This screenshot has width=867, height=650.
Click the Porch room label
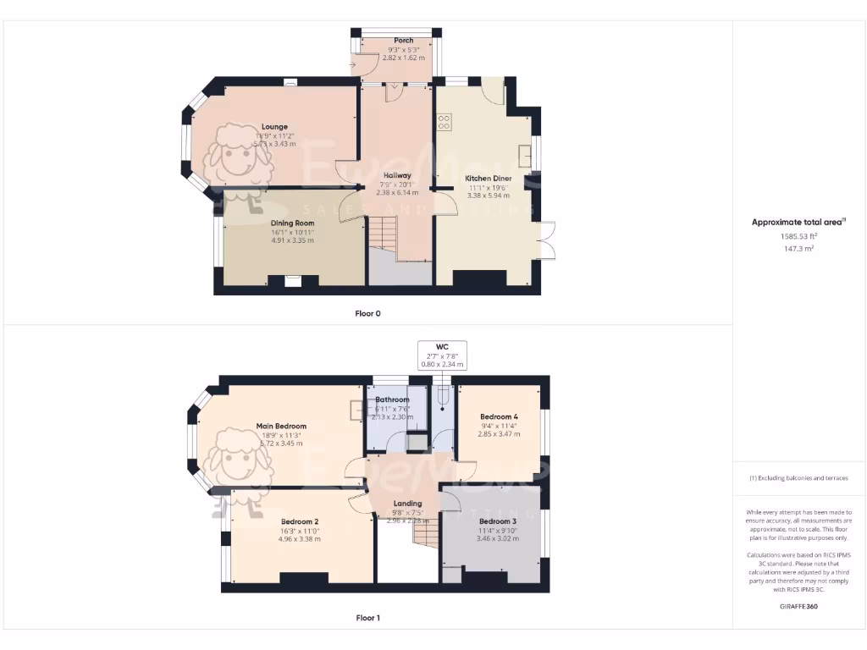pos(404,41)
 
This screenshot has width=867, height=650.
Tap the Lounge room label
pos(273,127)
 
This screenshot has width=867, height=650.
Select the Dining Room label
pos(292,223)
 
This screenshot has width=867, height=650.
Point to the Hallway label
pos(395,175)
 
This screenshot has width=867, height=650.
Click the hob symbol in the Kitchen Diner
pos(444,122)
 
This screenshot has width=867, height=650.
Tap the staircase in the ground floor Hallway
pos(383,233)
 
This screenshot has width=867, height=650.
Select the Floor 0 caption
pos(367,313)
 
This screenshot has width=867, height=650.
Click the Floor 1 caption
pos(367,618)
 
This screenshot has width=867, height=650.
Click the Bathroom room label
pos(393,399)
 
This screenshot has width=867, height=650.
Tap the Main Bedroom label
pos(281,427)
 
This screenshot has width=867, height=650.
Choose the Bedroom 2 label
pos(300,521)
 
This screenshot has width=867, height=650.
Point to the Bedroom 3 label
pos(497,521)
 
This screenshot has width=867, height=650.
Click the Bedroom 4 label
pos(499,416)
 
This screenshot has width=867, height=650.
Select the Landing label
pos(407,504)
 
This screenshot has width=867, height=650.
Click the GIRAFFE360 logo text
pos(799,606)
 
